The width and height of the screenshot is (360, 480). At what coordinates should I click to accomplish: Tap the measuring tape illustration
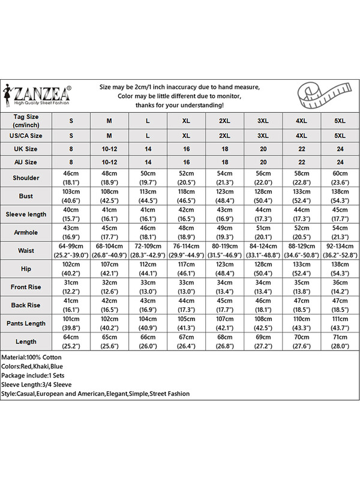[323, 95]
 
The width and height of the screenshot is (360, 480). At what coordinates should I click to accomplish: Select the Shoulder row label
[26, 178]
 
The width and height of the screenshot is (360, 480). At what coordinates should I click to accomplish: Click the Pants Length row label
[26, 323]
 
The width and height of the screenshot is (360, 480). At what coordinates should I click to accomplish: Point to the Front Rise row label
[26, 287]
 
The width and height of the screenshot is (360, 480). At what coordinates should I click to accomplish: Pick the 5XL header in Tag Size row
[340, 121]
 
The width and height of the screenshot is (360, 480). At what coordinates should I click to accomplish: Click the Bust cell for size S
[71, 196]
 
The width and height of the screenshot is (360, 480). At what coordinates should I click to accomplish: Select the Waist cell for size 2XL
[224, 250]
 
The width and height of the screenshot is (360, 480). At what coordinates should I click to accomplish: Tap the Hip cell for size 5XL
[340, 268]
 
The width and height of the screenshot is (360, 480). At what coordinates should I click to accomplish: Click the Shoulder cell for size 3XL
[263, 178]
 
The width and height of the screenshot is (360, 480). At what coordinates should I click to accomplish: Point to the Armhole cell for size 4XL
[301, 232]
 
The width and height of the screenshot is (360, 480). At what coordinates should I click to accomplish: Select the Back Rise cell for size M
[109, 305]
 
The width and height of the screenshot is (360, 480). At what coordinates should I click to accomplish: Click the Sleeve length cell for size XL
[186, 214]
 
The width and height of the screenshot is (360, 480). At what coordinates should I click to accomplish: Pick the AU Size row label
[26, 162]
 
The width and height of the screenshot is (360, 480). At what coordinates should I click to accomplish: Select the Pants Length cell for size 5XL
[340, 323]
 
